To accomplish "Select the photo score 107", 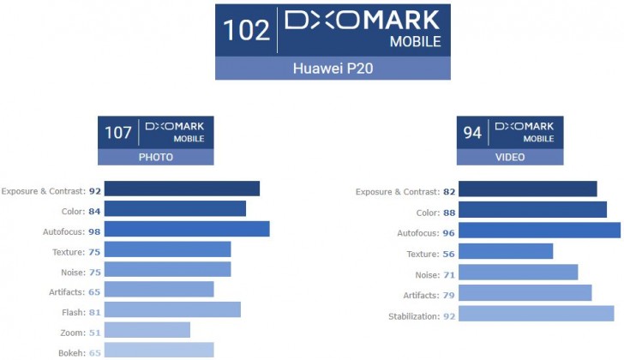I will tap(118, 133).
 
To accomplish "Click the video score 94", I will tap(472, 133).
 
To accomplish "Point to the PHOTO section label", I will tap(156, 158).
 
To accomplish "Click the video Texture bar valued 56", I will tap(507, 251).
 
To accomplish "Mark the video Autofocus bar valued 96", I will tap(540, 230).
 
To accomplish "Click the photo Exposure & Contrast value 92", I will tap(95, 191).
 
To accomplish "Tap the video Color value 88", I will tap(449, 212).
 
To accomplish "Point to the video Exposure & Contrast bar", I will tap(528, 189).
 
